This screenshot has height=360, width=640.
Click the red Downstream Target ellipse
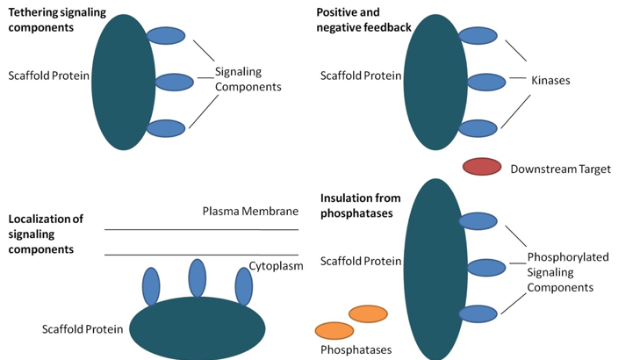(x=481, y=167)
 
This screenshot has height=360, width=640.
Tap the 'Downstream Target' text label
(x=560, y=169)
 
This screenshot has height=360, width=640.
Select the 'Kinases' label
(x=550, y=81)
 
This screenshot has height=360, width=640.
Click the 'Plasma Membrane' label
(x=249, y=212)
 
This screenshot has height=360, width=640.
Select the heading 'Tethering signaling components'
(x=54, y=18)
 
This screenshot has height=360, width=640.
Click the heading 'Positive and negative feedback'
(x=363, y=18)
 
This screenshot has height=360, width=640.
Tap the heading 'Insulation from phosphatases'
(x=357, y=205)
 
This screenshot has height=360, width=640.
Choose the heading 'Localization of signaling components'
(x=46, y=234)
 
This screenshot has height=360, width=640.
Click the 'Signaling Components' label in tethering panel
(x=249, y=79)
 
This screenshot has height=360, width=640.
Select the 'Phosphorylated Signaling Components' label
(x=567, y=272)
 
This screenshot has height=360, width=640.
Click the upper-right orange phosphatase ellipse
(x=368, y=313)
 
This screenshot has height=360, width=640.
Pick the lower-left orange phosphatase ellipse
(x=334, y=330)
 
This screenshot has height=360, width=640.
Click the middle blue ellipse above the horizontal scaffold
(x=197, y=278)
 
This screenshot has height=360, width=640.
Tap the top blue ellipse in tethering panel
(x=165, y=36)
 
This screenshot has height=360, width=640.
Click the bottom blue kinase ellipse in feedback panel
(x=478, y=128)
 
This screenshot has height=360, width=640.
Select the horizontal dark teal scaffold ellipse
(x=198, y=328)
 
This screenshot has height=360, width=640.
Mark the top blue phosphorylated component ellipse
(x=478, y=221)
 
